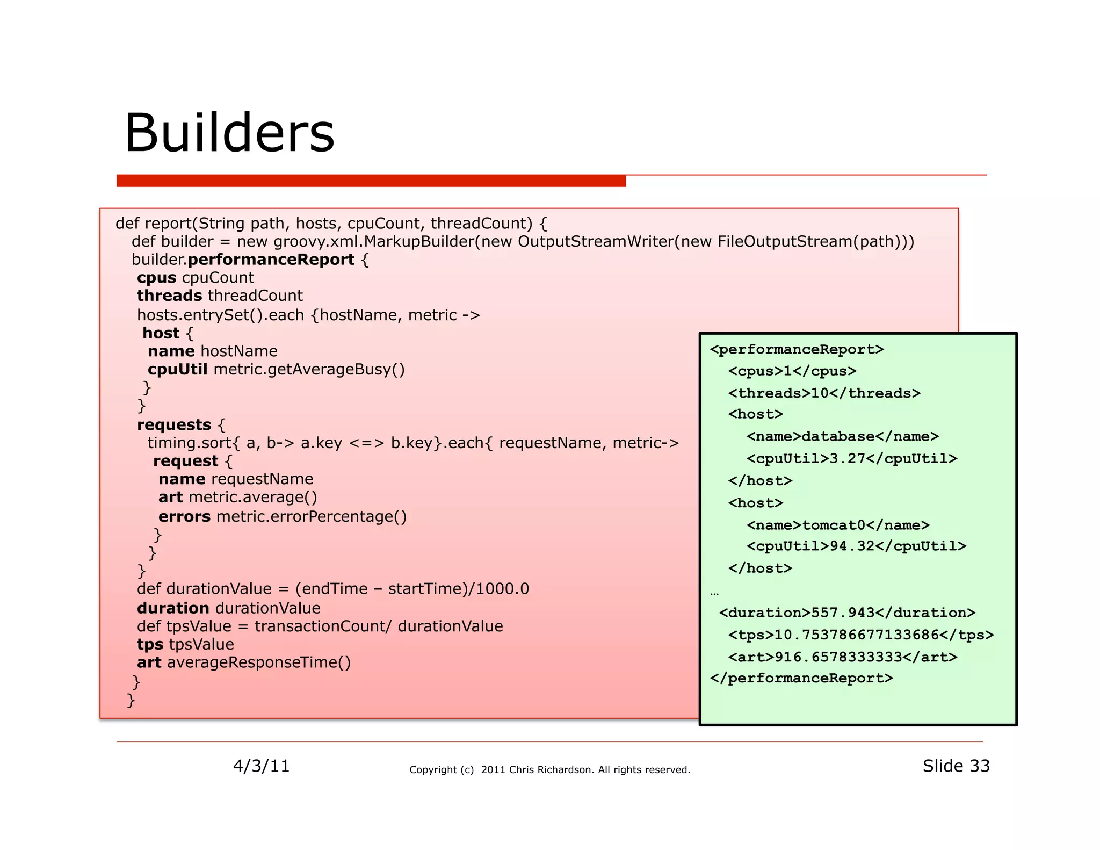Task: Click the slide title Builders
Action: (x=229, y=133)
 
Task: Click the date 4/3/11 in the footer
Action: (x=261, y=766)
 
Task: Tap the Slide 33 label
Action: (x=956, y=766)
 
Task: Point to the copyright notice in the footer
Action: (x=549, y=769)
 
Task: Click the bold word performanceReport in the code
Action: (x=271, y=260)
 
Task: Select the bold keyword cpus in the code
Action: (x=156, y=278)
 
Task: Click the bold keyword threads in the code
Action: (x=169, y=296)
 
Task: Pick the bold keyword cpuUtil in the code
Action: (x=177, y=369)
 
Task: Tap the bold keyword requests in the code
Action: (x=174, y=424)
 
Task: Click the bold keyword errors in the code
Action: (x=184, y=516)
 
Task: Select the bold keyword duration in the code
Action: (x=173, y=608)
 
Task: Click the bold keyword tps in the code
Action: (x=150, y=644)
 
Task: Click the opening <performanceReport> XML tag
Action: (x=797, y=349)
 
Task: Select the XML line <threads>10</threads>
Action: (x=824, y=393)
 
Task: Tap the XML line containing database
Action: (x=842, y=436)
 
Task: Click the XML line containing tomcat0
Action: (x=838, y=525)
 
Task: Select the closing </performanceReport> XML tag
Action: (x=801, y=678)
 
